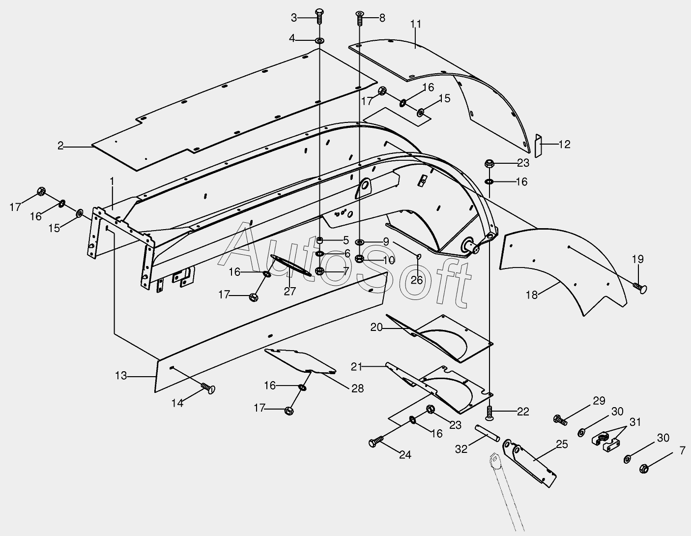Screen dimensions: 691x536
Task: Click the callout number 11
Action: (416, 24)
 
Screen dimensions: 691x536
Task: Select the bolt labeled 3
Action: (318, 16)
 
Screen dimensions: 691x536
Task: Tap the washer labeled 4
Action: (319, 40)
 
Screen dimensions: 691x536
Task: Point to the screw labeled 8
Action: (359, 19)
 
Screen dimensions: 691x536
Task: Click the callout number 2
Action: (60, 146)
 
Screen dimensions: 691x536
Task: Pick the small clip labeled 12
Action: (538, 145)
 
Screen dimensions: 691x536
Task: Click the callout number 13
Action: (121, 376)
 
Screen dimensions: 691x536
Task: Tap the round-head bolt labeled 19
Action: (640, 289)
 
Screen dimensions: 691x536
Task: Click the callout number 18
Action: (532, 295)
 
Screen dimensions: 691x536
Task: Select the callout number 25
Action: (562, 445)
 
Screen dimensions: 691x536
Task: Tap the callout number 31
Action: (635, 422)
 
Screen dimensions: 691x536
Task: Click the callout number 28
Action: (357, 388)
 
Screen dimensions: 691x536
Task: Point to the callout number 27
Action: (290, 291)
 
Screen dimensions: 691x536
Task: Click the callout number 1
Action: (112, 181)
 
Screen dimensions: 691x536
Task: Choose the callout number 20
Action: (376, 327)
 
